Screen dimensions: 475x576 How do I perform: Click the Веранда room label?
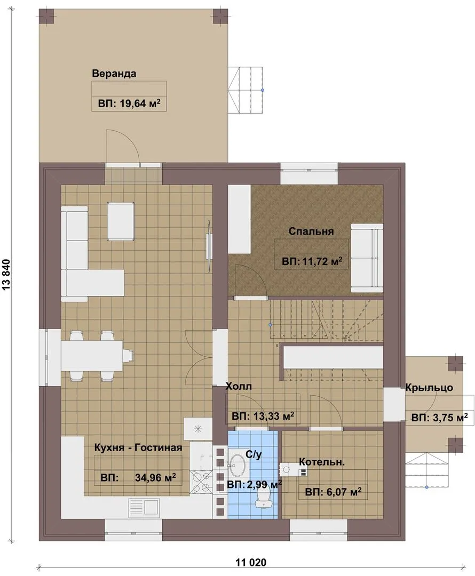(x=114, y=73)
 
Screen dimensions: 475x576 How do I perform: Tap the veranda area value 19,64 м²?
(x=129, y=103)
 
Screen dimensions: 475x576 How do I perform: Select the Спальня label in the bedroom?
(x=311, y=231)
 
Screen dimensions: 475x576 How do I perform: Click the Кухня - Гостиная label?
(x=138, y=447)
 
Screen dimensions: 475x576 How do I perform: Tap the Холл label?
(x=239, y=386)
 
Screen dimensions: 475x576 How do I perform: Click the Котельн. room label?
(x=322, y=461)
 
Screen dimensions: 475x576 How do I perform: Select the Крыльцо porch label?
(x=429, y=387)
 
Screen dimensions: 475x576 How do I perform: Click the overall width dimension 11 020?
(x=251, y=562)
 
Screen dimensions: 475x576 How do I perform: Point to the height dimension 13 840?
(x=7, y=275)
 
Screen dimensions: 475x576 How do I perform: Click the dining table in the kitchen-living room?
(x=91, y=356)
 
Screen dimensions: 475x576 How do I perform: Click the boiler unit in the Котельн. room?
(x=288, y=469)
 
